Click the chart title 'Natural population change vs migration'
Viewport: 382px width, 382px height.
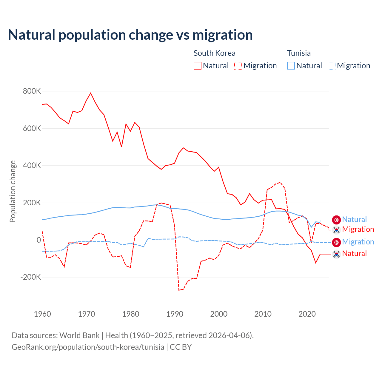(130, 35)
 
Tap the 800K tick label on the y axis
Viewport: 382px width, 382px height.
(32, 91)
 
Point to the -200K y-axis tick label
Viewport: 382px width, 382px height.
(31, 277)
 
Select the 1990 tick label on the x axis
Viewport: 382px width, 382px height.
(175, 314)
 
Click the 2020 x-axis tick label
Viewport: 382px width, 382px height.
(307, 314)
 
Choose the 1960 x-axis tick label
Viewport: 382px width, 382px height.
(42, 314)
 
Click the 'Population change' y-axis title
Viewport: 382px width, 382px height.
(13, 192)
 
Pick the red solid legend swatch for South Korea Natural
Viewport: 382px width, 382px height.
(198, 66)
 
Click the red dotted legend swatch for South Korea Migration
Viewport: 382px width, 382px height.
(238, 66)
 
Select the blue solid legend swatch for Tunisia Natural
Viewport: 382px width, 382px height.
(291, 66)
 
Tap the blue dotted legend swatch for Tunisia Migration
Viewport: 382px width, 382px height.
(332, 66)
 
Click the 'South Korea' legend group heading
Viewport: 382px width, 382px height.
(215, 53)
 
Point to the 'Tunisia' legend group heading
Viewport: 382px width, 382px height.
(299, 53)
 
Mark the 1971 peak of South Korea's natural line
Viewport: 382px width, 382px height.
(91, 93)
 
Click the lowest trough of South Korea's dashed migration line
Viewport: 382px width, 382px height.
(179, 290)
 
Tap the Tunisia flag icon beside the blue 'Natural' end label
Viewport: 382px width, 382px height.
(337, 220)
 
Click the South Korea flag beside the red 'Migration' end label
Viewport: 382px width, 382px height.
(337, 230)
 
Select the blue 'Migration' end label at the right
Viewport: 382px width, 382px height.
(358, 242)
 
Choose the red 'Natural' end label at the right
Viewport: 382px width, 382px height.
(354, 253)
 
